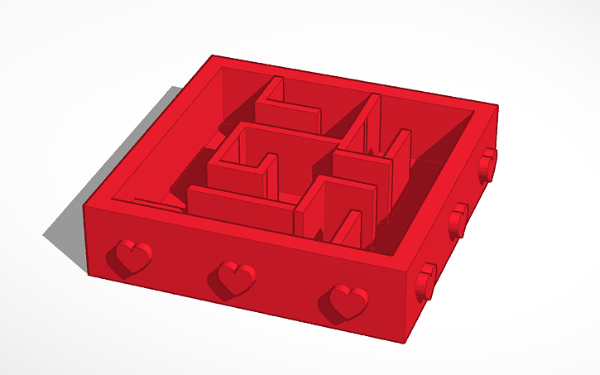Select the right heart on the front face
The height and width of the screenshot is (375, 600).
click(x=347, y=300)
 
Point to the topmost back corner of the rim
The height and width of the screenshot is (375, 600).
click(x=213, y=56)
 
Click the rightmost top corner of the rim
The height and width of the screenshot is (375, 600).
click(x=497, y=106)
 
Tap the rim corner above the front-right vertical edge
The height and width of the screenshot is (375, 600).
click(x=411, y=270)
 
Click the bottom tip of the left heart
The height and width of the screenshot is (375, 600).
click(x=130, y=272)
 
